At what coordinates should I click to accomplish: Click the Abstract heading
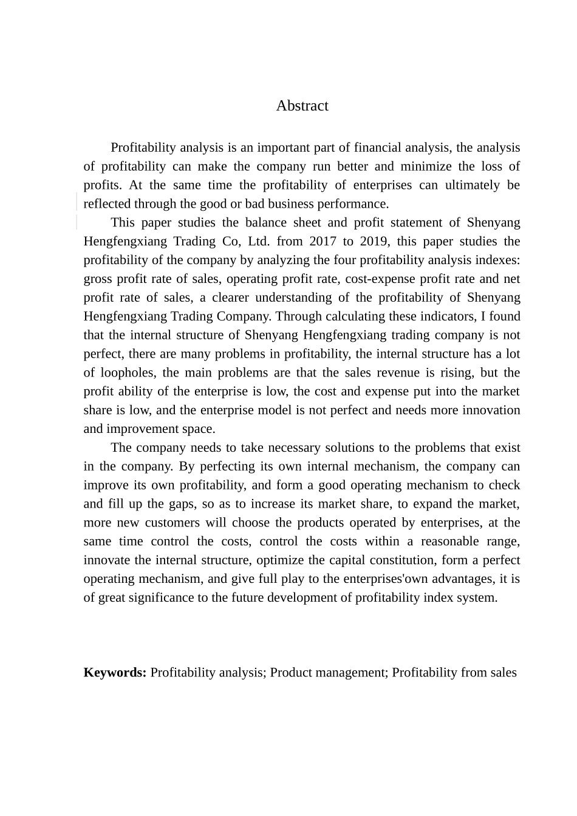click(x=302, y=106)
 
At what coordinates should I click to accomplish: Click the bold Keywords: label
click(x=115, y=673)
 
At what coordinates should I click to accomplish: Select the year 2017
click(x=323, y=241)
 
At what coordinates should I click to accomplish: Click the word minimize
click(x=427, y=166)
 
